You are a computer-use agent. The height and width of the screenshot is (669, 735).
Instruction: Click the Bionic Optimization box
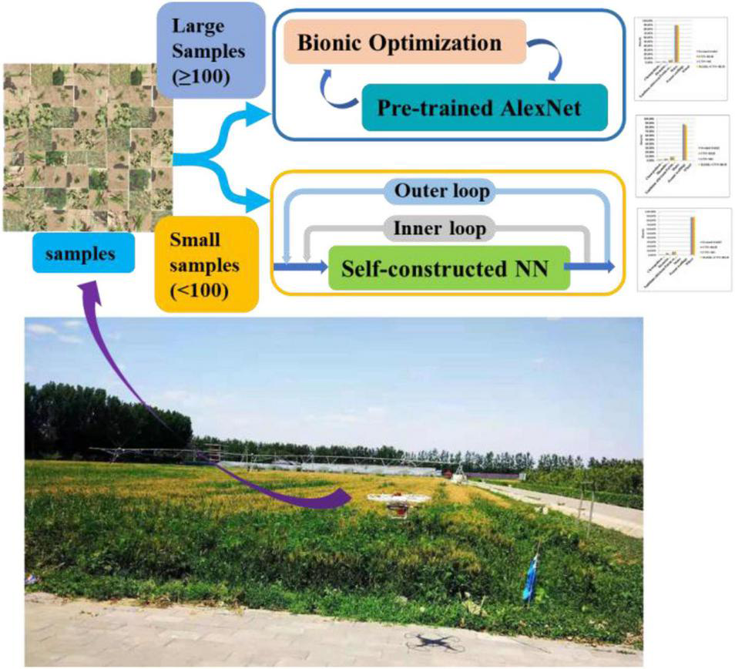coord(404,42)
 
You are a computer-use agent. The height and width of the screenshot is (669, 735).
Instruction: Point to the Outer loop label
coord(441,191)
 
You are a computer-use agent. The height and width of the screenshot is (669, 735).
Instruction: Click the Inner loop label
coord(440,229)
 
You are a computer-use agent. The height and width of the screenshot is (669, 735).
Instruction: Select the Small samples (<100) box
coord(207,263)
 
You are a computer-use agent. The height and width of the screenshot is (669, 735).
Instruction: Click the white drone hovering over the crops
coord(398,500)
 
